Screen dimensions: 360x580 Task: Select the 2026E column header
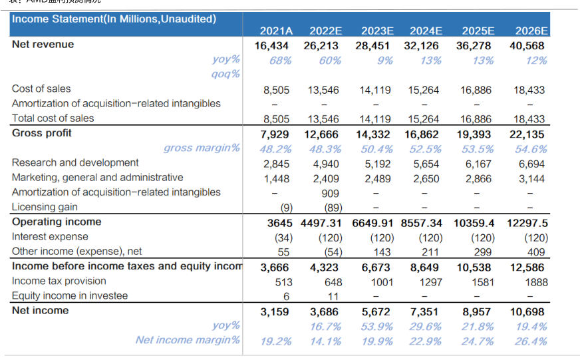pyautogui.click(x=532, y=31)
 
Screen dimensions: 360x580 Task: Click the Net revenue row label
pyautogui.click(x=43, y=45)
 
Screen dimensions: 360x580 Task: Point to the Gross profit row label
pyautogui.click(x=42, y=133)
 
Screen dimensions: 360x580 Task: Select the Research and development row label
pyautogui.click(x=75, y=162)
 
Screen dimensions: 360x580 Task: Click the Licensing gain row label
pyautogui.click(x=45, y=207)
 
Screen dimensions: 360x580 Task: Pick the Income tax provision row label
pyautogui.click(x=59, y=281)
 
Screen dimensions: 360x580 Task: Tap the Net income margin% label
pyautogui.click(x=188, y=340)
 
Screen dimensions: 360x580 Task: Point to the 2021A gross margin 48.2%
pyautogui.click(x=275, y=148)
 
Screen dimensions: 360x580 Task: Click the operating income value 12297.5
pyautogui.click(x=527, y=222)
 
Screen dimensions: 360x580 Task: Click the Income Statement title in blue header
pyautogui.click(x=114, y=19)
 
